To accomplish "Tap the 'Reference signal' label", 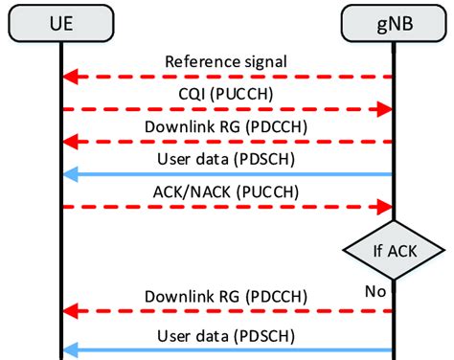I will point(227,61).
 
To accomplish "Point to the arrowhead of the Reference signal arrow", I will point(69,76).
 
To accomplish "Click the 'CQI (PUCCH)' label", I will point(227,94).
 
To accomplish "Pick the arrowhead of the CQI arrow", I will point(386,109).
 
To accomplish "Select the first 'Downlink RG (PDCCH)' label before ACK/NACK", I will point(227,126).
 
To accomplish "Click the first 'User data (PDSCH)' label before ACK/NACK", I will point(227,159).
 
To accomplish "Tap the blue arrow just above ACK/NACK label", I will point(227,173).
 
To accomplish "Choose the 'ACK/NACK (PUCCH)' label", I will point(227,191).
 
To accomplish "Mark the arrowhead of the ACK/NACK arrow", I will point(386,206).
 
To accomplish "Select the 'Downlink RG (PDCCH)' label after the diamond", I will point(227,295).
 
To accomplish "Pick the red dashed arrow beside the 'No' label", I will point(227,310).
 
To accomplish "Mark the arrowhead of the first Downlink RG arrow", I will point(69,141).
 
